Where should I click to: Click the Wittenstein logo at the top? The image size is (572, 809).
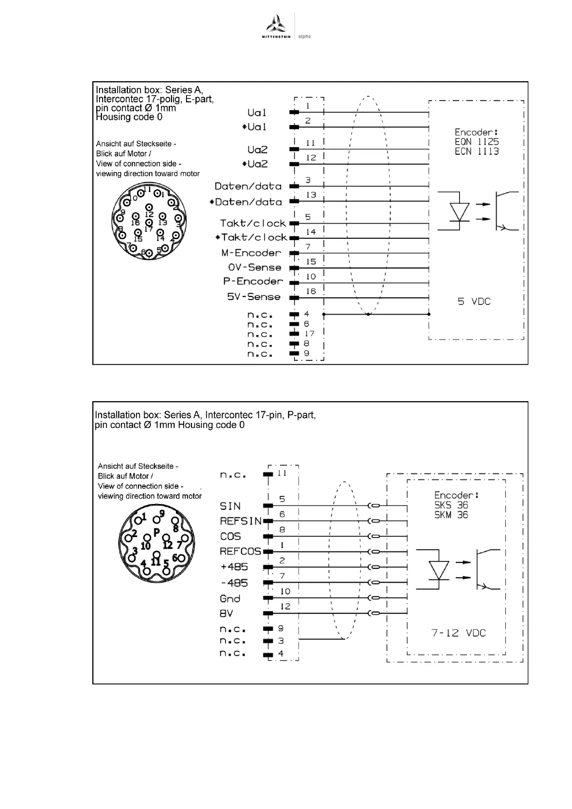[276, 27]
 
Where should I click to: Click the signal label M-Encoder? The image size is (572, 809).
[251, 253]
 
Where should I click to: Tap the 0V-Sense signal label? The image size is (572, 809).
[254, 268]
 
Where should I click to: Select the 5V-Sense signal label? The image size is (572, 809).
[253, 297]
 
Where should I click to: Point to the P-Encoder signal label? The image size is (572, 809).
[253, 282]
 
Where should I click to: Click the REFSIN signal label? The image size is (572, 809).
[240, 521]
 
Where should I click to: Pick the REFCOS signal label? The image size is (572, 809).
[240, 552]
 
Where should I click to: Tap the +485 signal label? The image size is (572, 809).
[234, 567]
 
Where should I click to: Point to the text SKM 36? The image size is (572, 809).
[451, 515]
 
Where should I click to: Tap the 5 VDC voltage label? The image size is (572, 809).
[474, 302]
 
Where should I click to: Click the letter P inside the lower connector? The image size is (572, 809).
[156, 532]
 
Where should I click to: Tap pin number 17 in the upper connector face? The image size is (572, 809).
[148, 229]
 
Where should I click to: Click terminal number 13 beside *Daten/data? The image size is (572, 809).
[311, 195]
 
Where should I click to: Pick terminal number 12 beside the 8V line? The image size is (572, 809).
[285, 606]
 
